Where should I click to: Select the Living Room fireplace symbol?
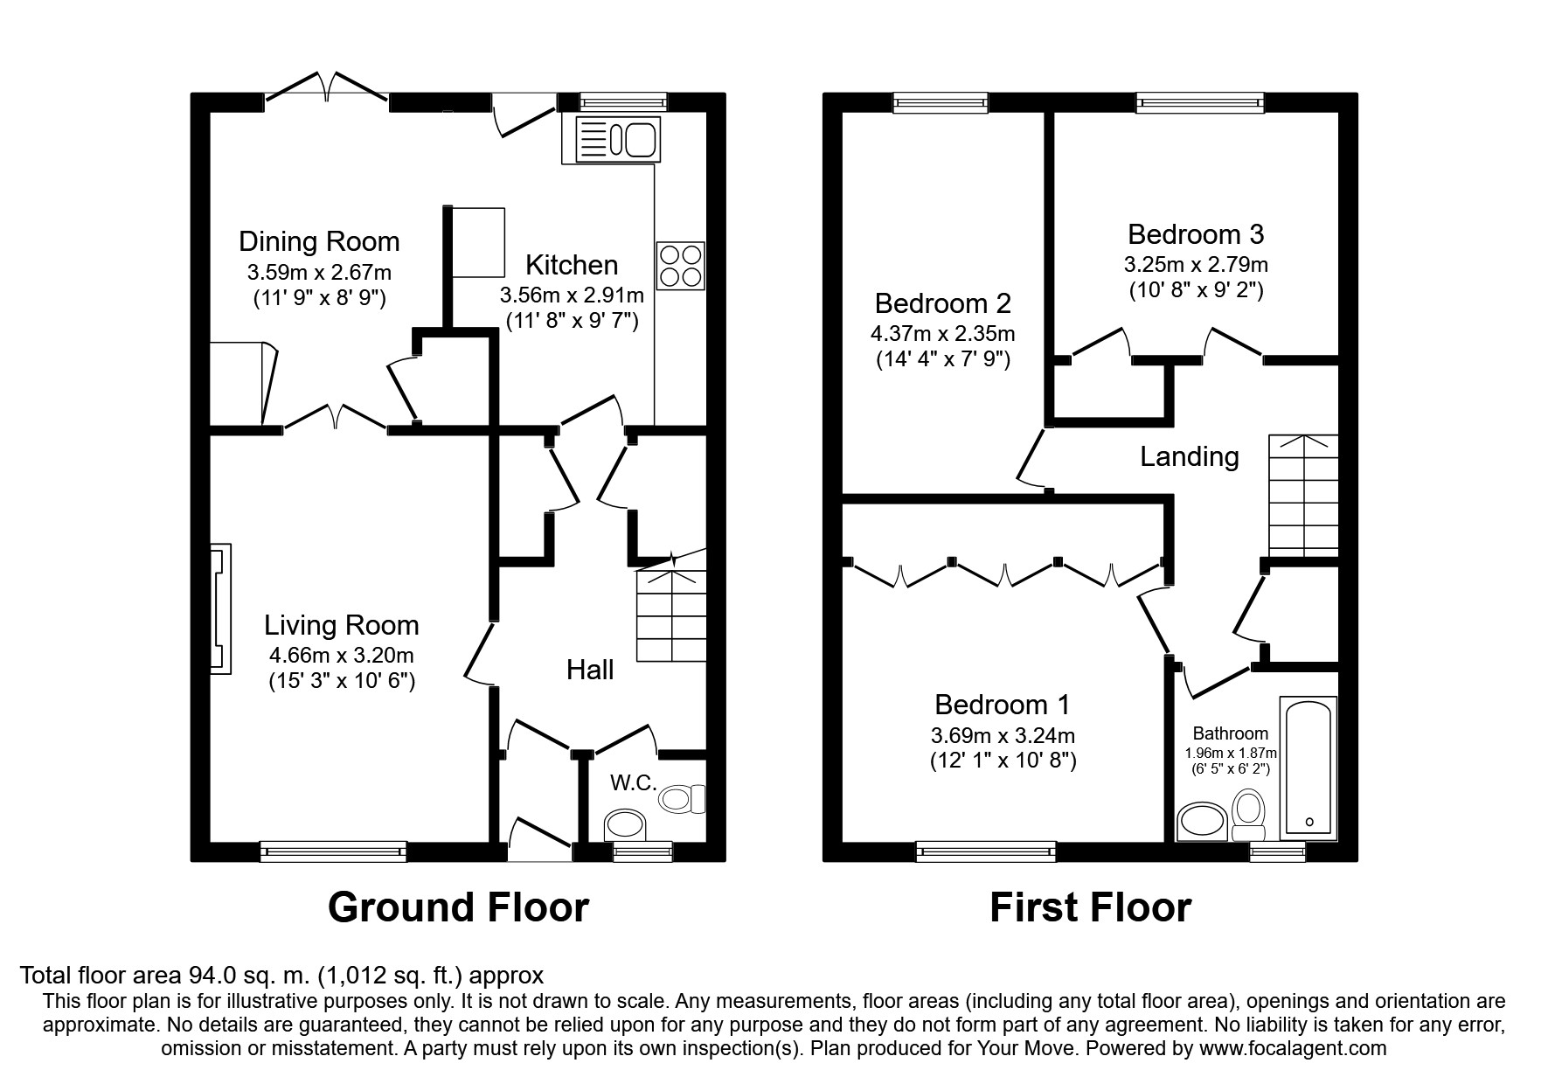coord(221,609)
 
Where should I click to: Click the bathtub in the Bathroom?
coord(1309,767)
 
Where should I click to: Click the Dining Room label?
coord(319,241)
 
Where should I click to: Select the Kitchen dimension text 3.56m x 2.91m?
coord(572,295)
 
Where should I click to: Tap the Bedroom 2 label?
coord(943,303)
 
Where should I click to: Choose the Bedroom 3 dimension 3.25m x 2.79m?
coord(1196,263)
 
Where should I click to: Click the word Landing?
coord(1190,456)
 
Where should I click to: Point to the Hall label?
coord(590,670)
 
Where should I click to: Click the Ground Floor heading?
coord(458,907)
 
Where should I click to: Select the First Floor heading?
coord(1090,907)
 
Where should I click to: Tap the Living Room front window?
coord(333,851)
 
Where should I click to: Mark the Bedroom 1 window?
coord(986,851)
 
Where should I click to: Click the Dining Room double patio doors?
coord(326,89)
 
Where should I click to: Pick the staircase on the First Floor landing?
coord(1303,496)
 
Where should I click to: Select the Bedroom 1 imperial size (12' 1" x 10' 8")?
coord(1003,761)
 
